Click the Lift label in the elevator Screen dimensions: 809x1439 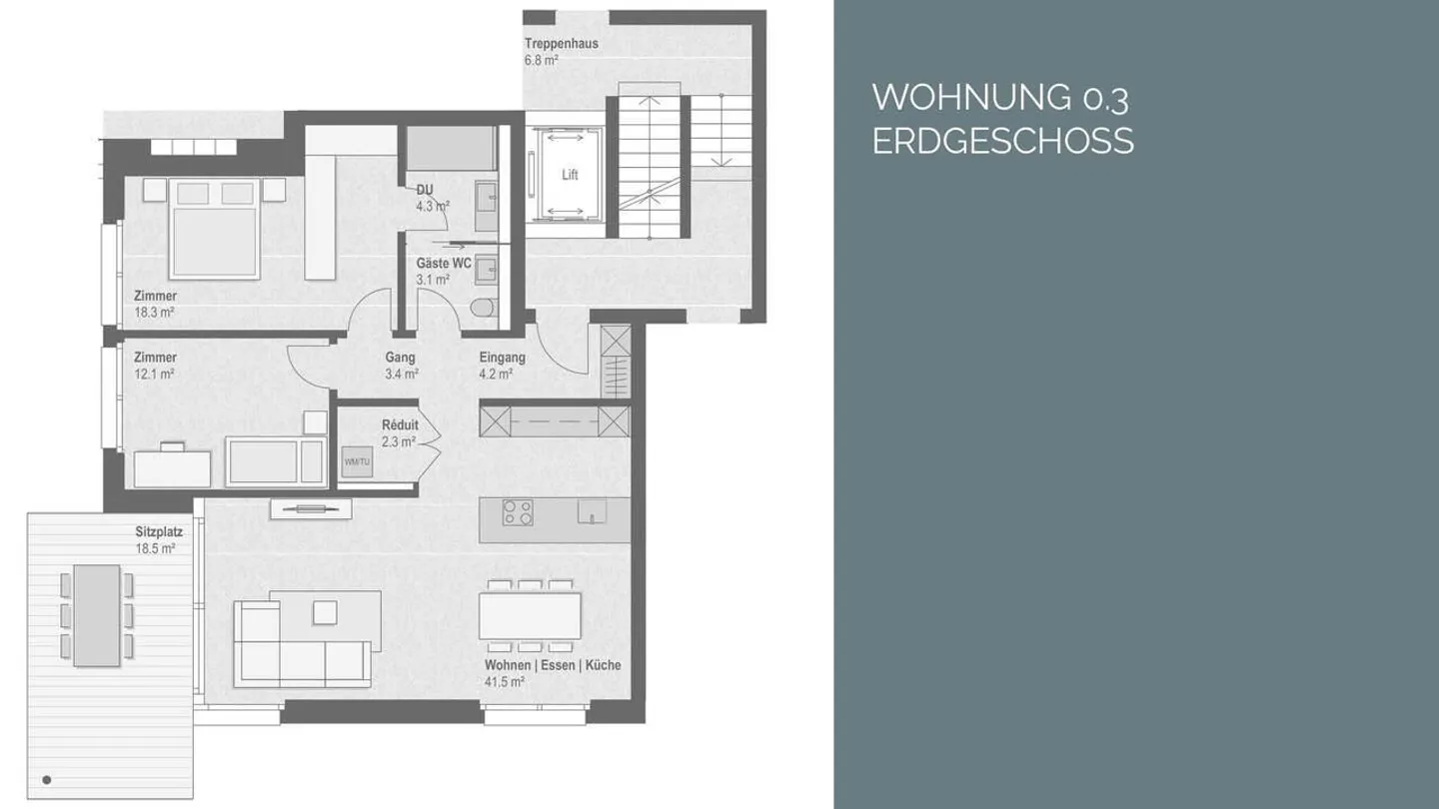(570, 175)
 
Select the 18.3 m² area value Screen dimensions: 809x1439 (155, 313)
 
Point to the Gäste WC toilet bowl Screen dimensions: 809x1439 (485, 307)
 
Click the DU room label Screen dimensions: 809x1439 (425, 190)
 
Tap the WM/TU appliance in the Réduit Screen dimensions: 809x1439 (356, 461)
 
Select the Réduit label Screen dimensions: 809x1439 (400, 425)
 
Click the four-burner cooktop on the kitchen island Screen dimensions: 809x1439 (518, 512)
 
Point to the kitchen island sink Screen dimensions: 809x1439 (592, 510)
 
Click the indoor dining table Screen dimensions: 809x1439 (530, 615)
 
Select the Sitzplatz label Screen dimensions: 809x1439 (159, 532)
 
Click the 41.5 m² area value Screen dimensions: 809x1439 (505, 682)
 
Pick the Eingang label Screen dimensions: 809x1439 (502, 358)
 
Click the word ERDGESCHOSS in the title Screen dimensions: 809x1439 (1002, 142)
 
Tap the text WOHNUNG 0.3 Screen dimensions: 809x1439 (1000, 98)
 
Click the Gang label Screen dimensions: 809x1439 (400, 358)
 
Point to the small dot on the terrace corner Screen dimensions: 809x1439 (46, 779)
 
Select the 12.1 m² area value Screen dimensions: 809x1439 (155, 374)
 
